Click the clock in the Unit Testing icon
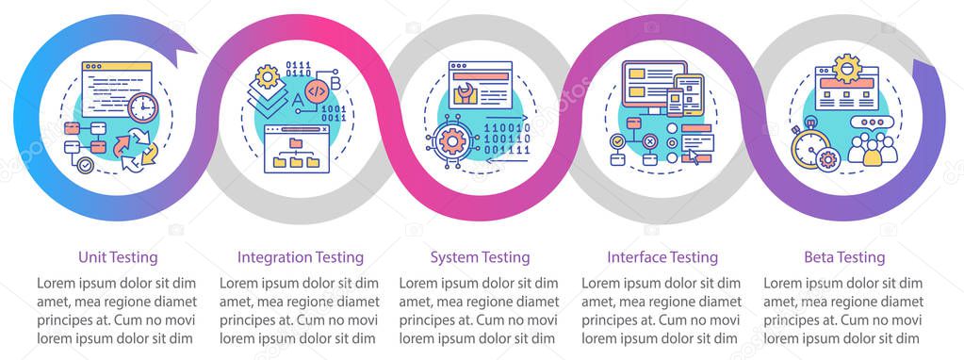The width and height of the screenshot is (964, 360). coord(141,108)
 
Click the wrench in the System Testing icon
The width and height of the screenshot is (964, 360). coord(465,92)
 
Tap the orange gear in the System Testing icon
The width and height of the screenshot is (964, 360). coord(453,142)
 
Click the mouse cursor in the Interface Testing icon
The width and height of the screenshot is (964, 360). coord(693,155)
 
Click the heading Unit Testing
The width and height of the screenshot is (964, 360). coord(118,256)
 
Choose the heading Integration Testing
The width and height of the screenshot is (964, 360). coord(300,256)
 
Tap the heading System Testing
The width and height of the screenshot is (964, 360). coord(480,256)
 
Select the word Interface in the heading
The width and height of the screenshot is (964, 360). coord(637,256)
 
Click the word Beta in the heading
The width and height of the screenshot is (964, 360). coord(818,256)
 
